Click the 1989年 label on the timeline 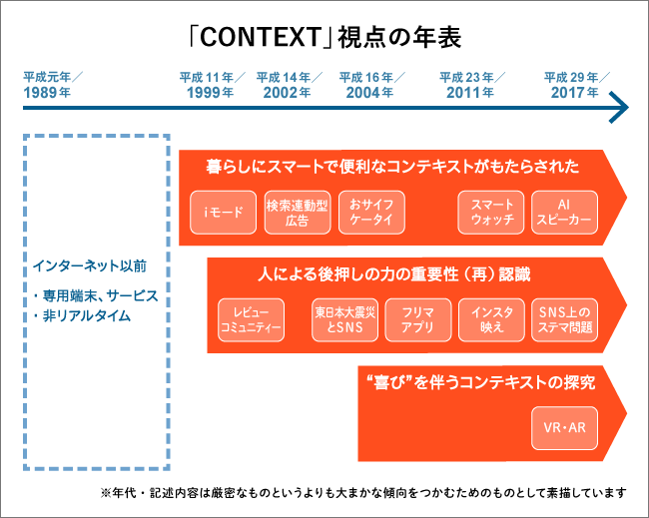47,92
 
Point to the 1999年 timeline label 210,92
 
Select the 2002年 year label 288,92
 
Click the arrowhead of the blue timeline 620,106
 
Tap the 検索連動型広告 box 297,213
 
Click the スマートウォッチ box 491,213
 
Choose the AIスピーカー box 564,213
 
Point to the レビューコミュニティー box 251,318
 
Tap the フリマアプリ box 418,318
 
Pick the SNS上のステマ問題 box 564,318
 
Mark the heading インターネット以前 89,266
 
